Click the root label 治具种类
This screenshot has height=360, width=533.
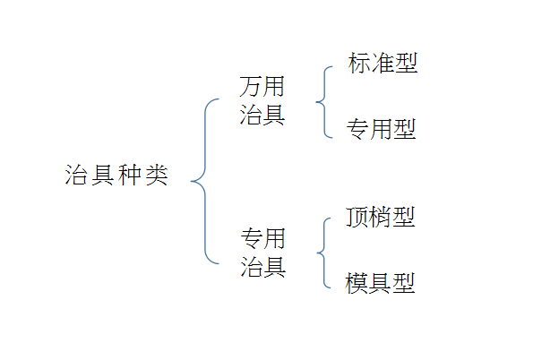coord(116,175)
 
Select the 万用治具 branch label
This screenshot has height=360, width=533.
coord(262,100)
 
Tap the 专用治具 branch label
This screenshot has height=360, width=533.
coord(263,253)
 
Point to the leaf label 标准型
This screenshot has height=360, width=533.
coord(383,63)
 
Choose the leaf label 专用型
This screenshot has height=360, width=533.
coord(382,129)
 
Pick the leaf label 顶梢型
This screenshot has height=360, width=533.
coord(381,217)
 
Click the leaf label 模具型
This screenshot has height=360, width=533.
coord(380,283)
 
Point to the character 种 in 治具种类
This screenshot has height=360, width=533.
coord(130,175)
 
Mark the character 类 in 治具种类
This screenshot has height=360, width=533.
coord(157,175)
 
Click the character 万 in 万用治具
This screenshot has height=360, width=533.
coord(251,86)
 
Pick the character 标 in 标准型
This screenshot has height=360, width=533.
coord(359,63)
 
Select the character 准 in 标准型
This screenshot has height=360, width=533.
coord(383,63)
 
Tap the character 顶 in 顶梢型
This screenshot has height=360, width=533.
coord(357,217)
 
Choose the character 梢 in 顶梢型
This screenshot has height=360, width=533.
coord(381,217)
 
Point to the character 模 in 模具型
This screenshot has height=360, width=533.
coord(357,283)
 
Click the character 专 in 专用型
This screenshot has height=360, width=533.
coord(358,129)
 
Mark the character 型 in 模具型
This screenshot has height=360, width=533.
coord(404,283)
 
